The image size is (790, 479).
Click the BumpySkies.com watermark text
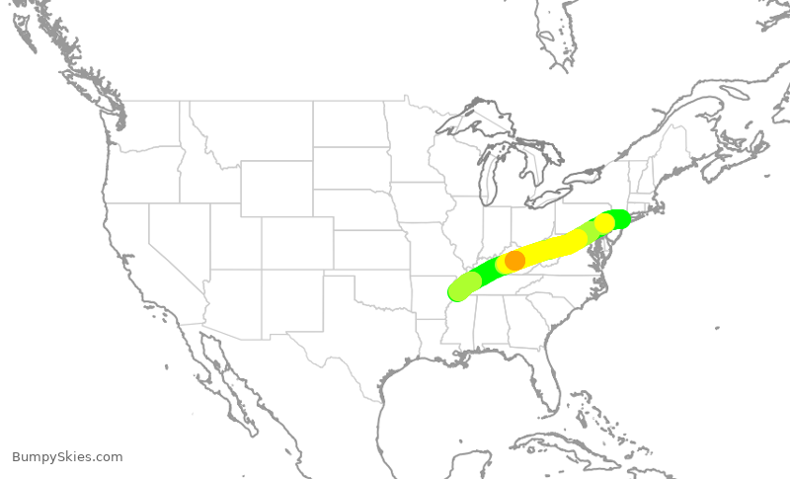67,457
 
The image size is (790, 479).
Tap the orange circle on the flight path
514,261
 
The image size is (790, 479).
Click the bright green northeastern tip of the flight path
619,217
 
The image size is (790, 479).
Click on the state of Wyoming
276,188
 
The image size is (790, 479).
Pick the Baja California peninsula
222,375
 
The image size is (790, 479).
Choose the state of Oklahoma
380,285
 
